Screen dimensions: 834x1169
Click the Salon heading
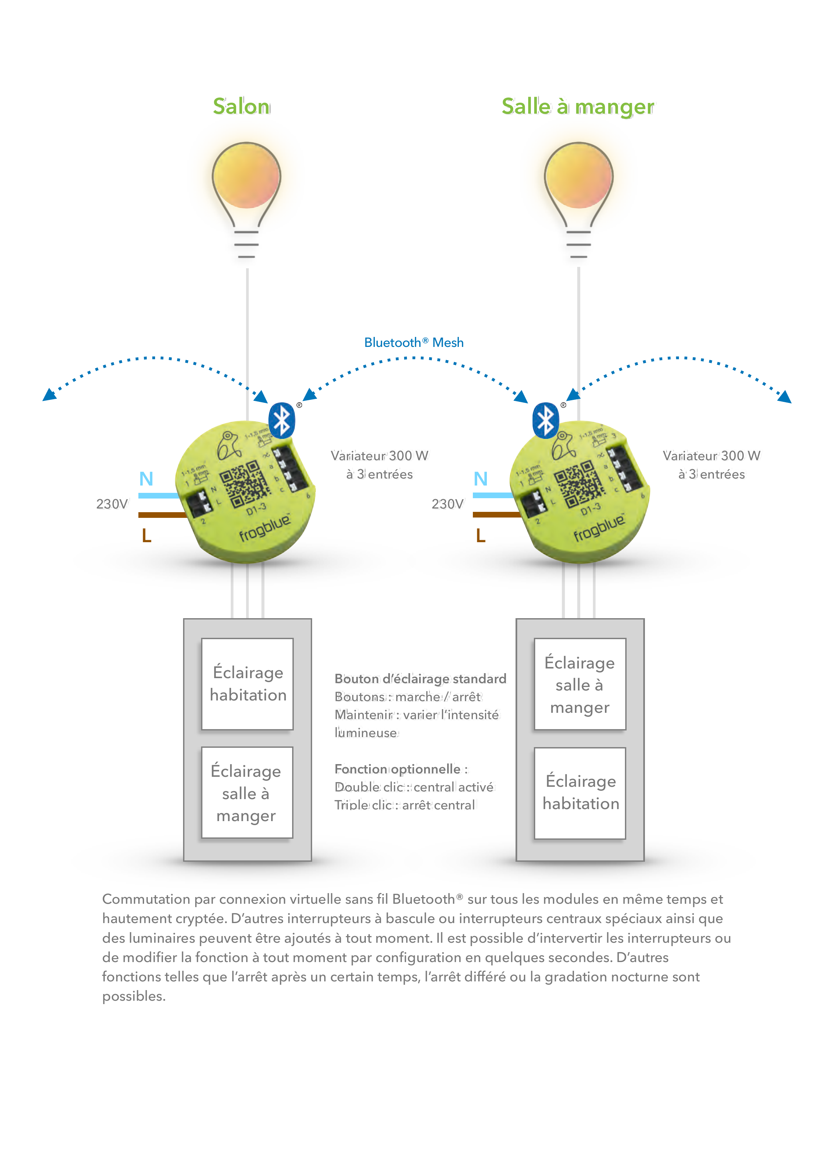(x=241, y=106)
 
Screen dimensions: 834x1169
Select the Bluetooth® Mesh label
(x=414, y=342)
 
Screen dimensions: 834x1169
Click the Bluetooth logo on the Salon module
(x=282, y=420)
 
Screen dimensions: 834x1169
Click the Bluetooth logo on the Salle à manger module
(x=546, y=420)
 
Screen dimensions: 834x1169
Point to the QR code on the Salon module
(x=245, y=484)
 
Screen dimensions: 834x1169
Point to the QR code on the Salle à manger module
(x=579, y=484)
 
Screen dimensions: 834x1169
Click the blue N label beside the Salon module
(x=146, y=479)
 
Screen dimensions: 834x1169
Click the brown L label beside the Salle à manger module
(x=481, y=535)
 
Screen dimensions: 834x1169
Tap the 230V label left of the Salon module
(x=112, y=504)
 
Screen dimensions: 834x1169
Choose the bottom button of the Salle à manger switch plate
(x=580, y=793)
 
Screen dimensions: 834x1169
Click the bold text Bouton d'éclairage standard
(x=421, y=679)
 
